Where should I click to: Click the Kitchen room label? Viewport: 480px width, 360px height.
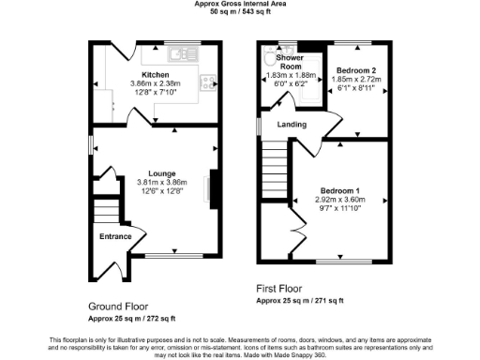tap(155, 74)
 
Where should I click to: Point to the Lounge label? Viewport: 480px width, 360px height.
tap(156, 173)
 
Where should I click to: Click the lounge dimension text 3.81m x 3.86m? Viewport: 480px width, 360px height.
tap(156, 182)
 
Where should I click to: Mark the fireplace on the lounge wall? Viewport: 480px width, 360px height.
tap(211, 184)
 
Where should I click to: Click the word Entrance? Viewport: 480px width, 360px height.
tap(115, 236)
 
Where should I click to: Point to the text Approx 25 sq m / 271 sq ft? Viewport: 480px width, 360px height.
tap(300, 300)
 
